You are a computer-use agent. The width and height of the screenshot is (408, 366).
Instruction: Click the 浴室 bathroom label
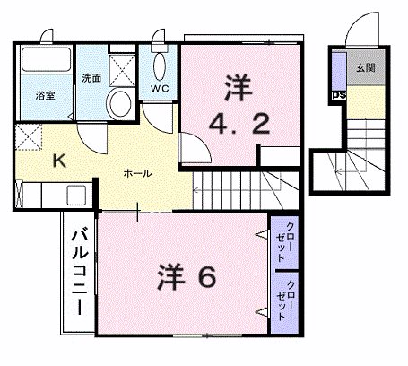[x=46, y=95]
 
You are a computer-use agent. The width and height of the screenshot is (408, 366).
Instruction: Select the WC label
[x=161, y=88]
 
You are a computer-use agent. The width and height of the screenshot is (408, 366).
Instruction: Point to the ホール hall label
[x=136, y=172]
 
